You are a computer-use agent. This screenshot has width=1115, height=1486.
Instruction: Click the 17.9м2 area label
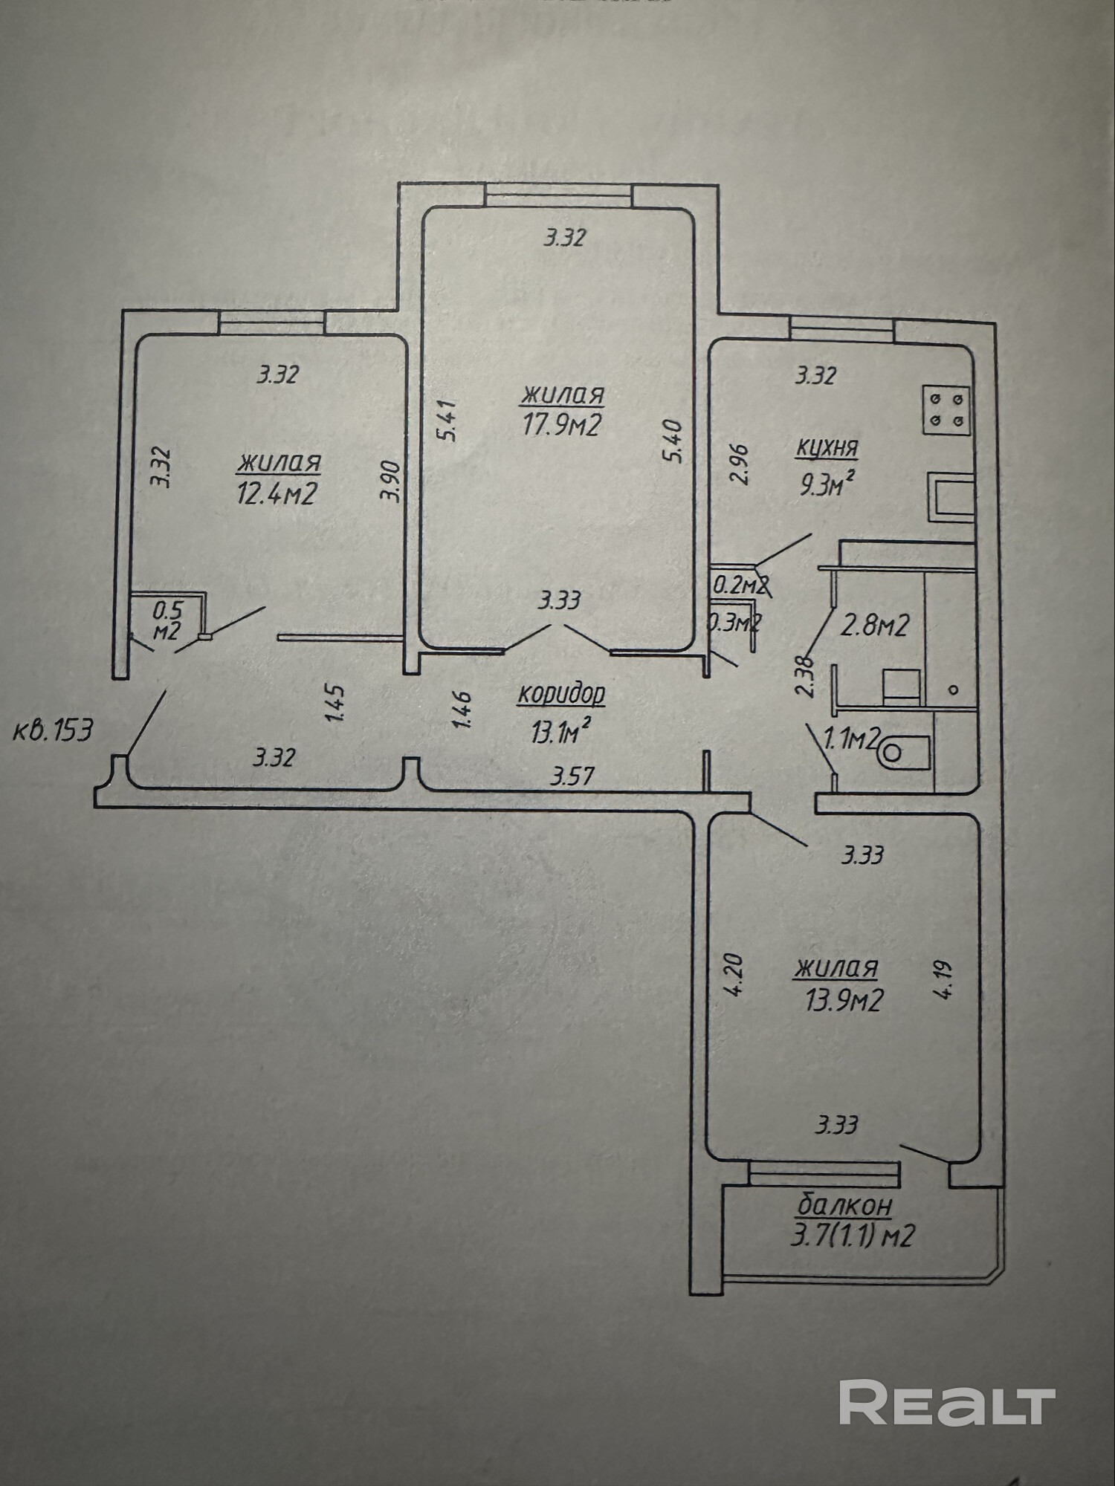562,425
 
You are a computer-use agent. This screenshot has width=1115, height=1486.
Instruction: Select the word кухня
827,448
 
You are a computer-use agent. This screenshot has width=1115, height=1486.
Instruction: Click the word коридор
561,694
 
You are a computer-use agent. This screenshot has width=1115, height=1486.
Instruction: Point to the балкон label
844,1204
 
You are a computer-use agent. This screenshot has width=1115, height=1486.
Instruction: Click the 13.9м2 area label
844,1001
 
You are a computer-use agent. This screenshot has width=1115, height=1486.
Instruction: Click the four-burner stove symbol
947,409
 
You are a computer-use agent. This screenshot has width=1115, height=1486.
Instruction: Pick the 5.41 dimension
448,421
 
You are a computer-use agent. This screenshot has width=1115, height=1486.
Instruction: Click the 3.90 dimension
392,482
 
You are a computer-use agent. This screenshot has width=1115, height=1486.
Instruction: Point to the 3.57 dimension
572,777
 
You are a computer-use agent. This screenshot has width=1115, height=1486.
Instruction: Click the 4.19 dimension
945,980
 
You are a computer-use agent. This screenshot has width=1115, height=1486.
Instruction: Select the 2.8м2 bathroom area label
874,626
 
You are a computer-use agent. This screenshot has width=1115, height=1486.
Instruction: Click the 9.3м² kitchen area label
825,485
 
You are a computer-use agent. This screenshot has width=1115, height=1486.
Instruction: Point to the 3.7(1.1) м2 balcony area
853,1236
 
